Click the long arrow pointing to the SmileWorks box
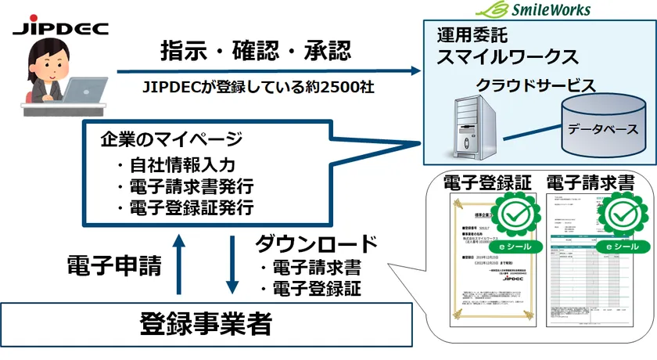coord(266,73)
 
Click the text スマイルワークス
coord(507,56)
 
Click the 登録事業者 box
coord(206,322)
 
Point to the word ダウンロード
coord(316,243)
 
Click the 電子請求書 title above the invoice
coord(600,183)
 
